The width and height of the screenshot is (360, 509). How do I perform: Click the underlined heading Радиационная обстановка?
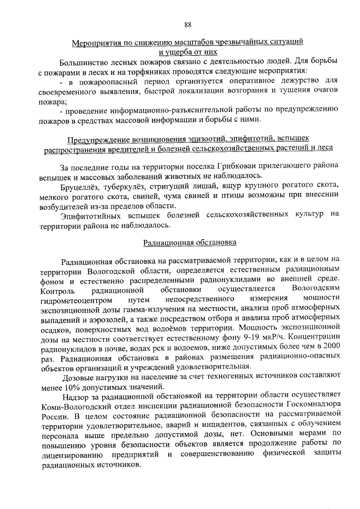click(x=190, y=242)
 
